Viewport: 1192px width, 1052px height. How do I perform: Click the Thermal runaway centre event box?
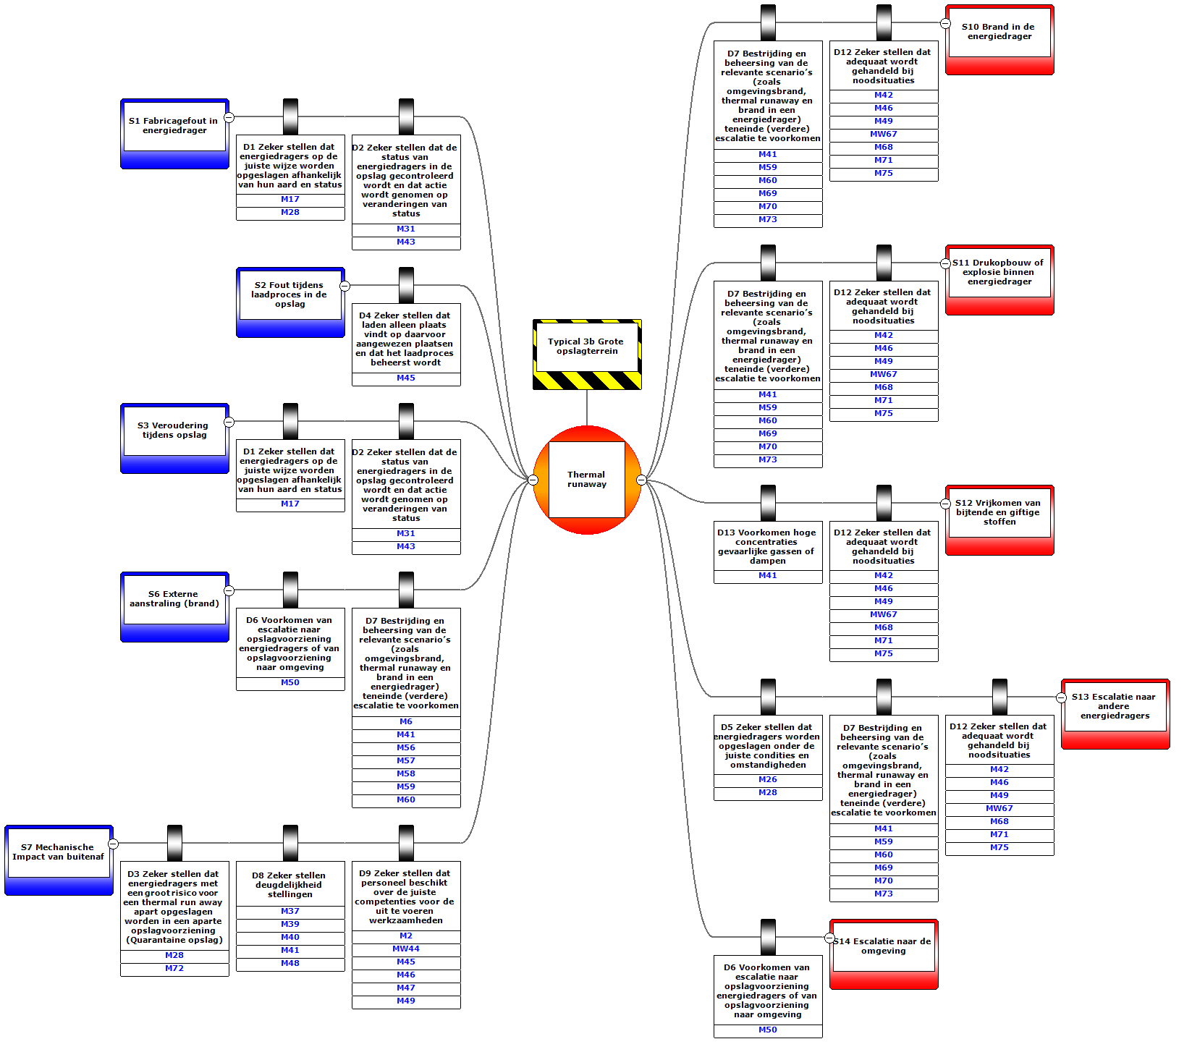pyautogui.click(x=586, y=480)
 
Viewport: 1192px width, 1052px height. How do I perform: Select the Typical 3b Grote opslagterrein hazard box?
pyautogui.click(x=587, y=347)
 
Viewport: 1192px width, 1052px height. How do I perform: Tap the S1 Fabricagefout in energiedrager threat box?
pyautogui.click(x=174, y=126)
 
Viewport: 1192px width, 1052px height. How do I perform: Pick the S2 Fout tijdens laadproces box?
pyautogui.click(x=289, y=294)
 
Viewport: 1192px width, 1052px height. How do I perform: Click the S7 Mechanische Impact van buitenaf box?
pyautogui.click(x=59, y=852)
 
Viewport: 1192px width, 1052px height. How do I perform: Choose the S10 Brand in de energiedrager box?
pyautogui.click(x=999, y=32)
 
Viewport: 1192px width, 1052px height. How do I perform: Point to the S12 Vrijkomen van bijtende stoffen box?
pyautogui.click(x=999, y=512)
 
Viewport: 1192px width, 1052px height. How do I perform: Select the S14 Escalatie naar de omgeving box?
pyautogui.click(x=883, y=946)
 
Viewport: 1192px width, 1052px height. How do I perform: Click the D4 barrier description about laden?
pyautogui.click(x=406, y=339)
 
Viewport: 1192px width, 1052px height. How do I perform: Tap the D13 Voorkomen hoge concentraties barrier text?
pyautogui.click(x=767, y=546)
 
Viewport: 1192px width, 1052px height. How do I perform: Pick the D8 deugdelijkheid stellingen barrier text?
pyautogui.click(x=289, y=884)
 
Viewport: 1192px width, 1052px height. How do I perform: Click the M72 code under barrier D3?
pyautogui.click(x=174, y=969)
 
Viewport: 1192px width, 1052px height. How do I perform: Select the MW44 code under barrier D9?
pyautogui.click(x=406, y=949)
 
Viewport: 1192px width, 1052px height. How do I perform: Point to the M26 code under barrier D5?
pyautogui.click(x=768, y=780)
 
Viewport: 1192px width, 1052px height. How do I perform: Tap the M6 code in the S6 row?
pyautogui.click(x=406, y=722)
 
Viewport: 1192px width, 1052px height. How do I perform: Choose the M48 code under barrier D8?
pyautogui.click(x=290, y=964)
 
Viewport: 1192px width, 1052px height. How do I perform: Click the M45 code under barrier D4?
pyautogui.click(x=406, y=378)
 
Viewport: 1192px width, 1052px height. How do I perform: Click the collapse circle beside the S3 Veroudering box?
pyautogui.click(x=229, y=422)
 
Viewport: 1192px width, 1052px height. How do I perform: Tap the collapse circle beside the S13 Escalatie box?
pyautogui.click(x=1061, y=697)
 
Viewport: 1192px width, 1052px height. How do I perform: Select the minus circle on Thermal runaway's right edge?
pyautogui.click(x=641, y=480)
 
